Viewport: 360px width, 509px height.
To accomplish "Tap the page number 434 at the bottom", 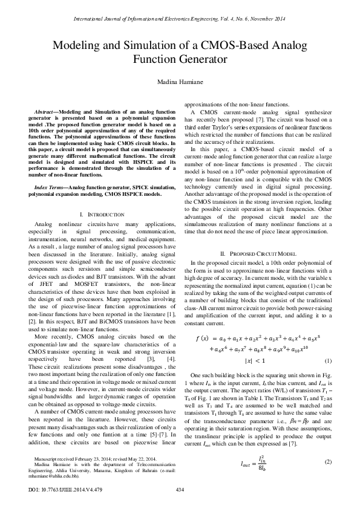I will pos(180,489).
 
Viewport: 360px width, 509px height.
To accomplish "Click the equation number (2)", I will pos(328,463).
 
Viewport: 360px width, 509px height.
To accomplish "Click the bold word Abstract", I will pos(46,113).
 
